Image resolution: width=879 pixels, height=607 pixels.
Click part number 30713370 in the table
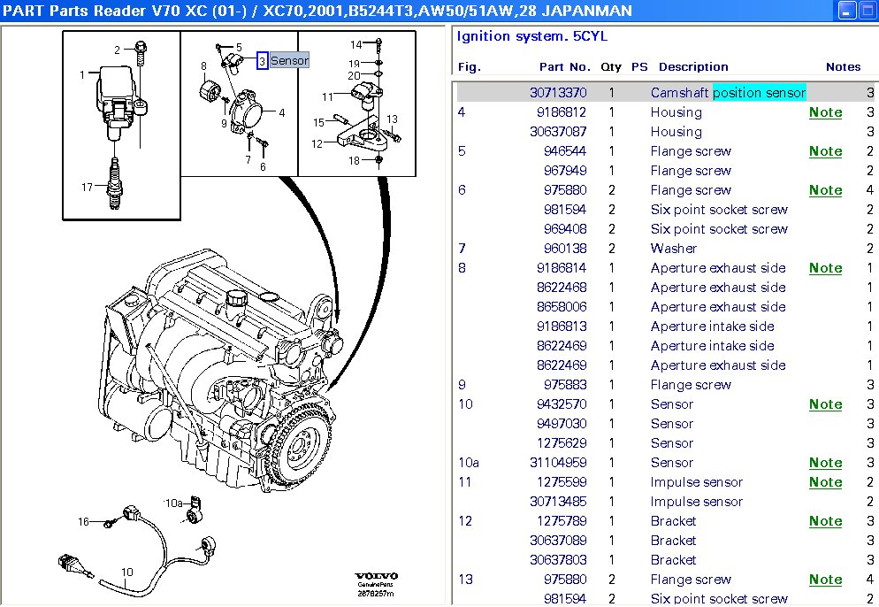tap(558, 93)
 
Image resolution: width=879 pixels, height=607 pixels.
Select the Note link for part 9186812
tap(825, 112)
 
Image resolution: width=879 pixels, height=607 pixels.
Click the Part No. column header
tap(564, 66)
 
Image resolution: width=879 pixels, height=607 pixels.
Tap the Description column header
tap(693, 66)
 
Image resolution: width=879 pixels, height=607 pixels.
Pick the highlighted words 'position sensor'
tap(759, 93)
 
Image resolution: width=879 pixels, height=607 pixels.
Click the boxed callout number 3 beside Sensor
tap(262, 61)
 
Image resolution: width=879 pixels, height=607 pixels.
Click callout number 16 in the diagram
tap(83, 522)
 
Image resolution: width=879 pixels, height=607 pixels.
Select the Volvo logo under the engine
tap(378, 574)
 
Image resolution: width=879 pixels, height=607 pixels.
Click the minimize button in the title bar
tap(847, 12)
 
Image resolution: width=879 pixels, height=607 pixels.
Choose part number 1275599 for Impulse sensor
tap(562, 482)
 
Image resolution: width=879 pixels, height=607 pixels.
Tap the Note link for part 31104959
tap(825, 463)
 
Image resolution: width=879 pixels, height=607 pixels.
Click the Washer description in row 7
tap(673, 249)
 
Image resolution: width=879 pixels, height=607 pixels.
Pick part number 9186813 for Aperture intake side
tap(562, 327)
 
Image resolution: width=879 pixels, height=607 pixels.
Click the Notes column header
tap(842, 66)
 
